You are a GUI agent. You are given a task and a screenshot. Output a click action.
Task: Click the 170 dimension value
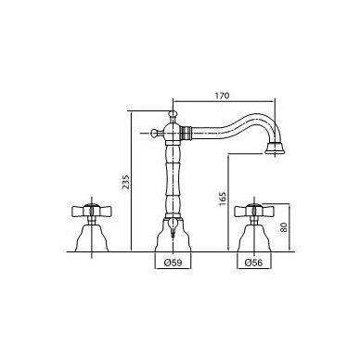pyautogui.click(x=222, y=96)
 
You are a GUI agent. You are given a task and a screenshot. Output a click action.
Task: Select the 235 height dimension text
pyautogui.click(x=126, y=183)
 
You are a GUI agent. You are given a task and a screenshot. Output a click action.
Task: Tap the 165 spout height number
pyautogui.click(x=223, y=199)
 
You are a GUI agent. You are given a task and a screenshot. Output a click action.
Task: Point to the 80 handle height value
pyautogui.click(x=284, y=227)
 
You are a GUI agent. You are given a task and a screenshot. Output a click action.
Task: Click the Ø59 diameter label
pyautogui.click(x=173, y=263)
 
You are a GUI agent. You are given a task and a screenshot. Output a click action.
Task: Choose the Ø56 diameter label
pyautogui.click(x=253, y=263)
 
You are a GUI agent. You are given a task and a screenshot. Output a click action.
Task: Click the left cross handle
pyautogui.click(x=91, y=211)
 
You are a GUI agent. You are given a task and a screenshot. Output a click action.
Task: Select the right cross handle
pyautogui.click(x=253, y=211)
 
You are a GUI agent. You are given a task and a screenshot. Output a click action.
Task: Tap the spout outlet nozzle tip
pyautogui.click(x=275, y=148)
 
